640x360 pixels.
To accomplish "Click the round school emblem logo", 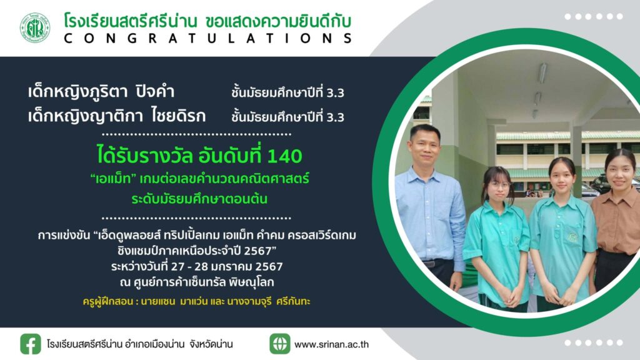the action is [35, 27].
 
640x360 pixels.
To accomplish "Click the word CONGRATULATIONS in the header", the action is [208, 38].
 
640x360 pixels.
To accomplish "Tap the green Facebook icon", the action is [31, 344].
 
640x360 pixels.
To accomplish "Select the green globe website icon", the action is [279, 344].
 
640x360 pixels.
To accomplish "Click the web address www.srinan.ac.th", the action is [331, 344].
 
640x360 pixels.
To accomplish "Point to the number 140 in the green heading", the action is [284, 156].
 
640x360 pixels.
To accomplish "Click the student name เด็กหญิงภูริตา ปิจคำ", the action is [101, 92].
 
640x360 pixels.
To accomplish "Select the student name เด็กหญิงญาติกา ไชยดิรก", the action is [117, 116].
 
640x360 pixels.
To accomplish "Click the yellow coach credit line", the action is [196, 302].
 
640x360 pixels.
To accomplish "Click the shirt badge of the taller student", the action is [573, 237].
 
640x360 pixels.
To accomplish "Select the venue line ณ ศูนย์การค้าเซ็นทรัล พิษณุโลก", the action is [197, 282].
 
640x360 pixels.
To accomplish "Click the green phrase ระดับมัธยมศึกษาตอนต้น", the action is [199, 199].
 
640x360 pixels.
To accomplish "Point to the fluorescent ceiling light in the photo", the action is [542, 74].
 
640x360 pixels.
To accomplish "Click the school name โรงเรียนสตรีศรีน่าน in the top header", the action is [130, 21].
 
